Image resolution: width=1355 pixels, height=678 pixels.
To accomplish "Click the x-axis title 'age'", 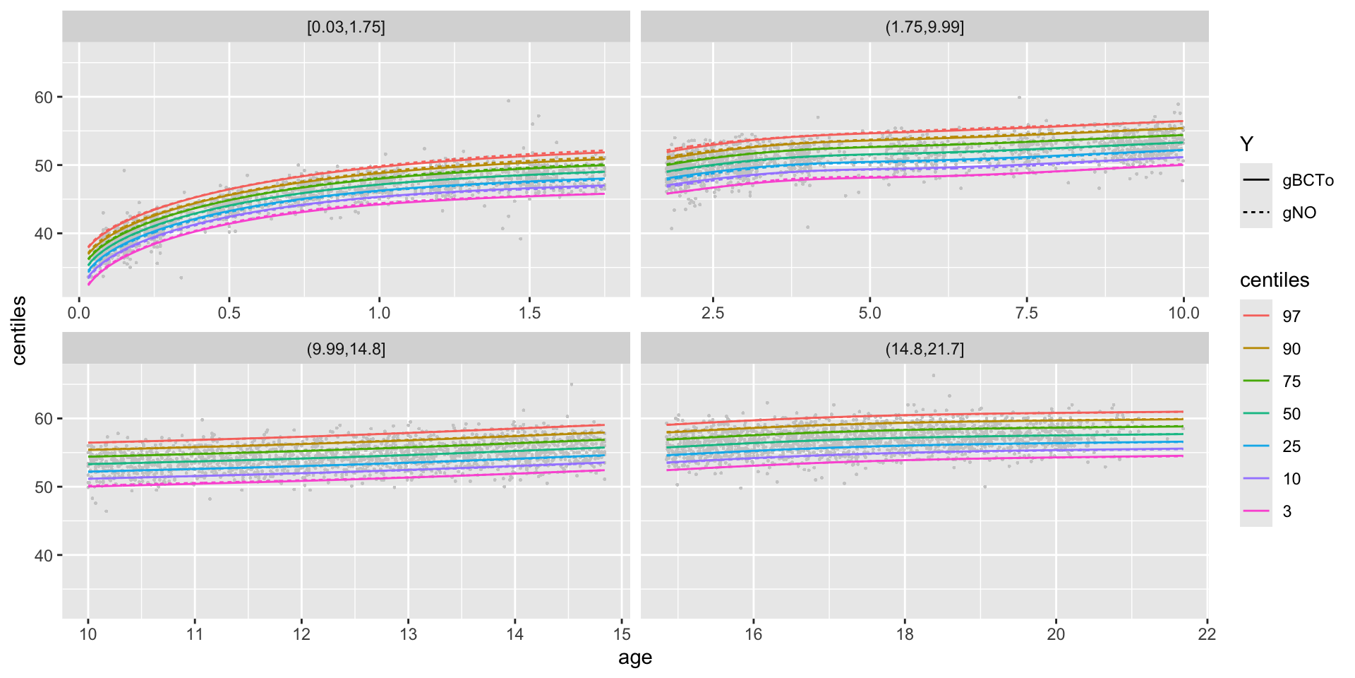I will tap(634, 658).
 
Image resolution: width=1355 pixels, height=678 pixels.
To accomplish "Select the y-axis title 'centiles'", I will tap(19, 331).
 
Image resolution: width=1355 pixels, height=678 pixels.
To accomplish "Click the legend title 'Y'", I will tap(1247, 145).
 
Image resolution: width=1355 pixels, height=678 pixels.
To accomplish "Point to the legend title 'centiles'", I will tap(1274, 280).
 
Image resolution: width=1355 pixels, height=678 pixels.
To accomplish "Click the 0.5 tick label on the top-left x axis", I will tap(229, 313).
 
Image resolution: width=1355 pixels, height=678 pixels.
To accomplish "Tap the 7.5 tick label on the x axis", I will tap(1026, 313).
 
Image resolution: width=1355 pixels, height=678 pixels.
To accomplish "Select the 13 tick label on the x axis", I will tap(408, 634).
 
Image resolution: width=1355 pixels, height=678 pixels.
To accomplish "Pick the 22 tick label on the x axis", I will tap(1207, 634).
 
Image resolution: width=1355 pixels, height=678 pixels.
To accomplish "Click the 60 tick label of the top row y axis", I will tap(44, 97).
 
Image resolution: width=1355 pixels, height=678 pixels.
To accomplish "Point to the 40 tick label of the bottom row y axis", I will tap(44, 556).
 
